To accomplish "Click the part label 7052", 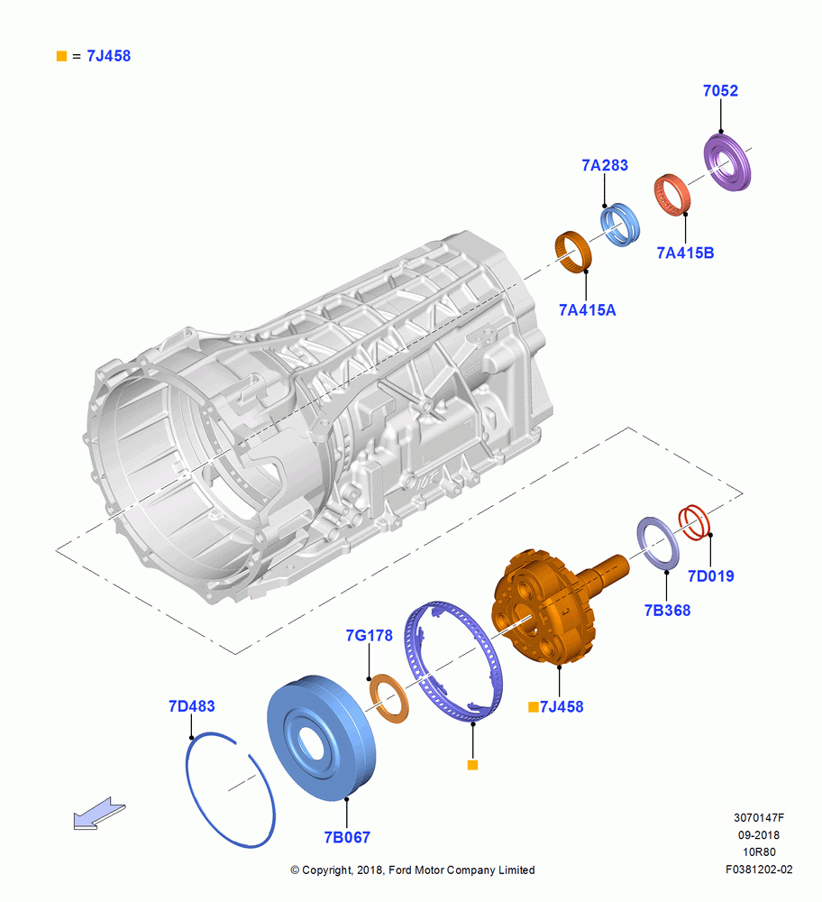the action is tap(720, 90).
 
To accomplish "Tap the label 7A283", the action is tap(605, 165).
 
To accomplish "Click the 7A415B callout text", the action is tap(685, 253).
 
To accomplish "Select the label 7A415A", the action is tap(587, 310).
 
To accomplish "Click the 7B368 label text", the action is tap(667, 611).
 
